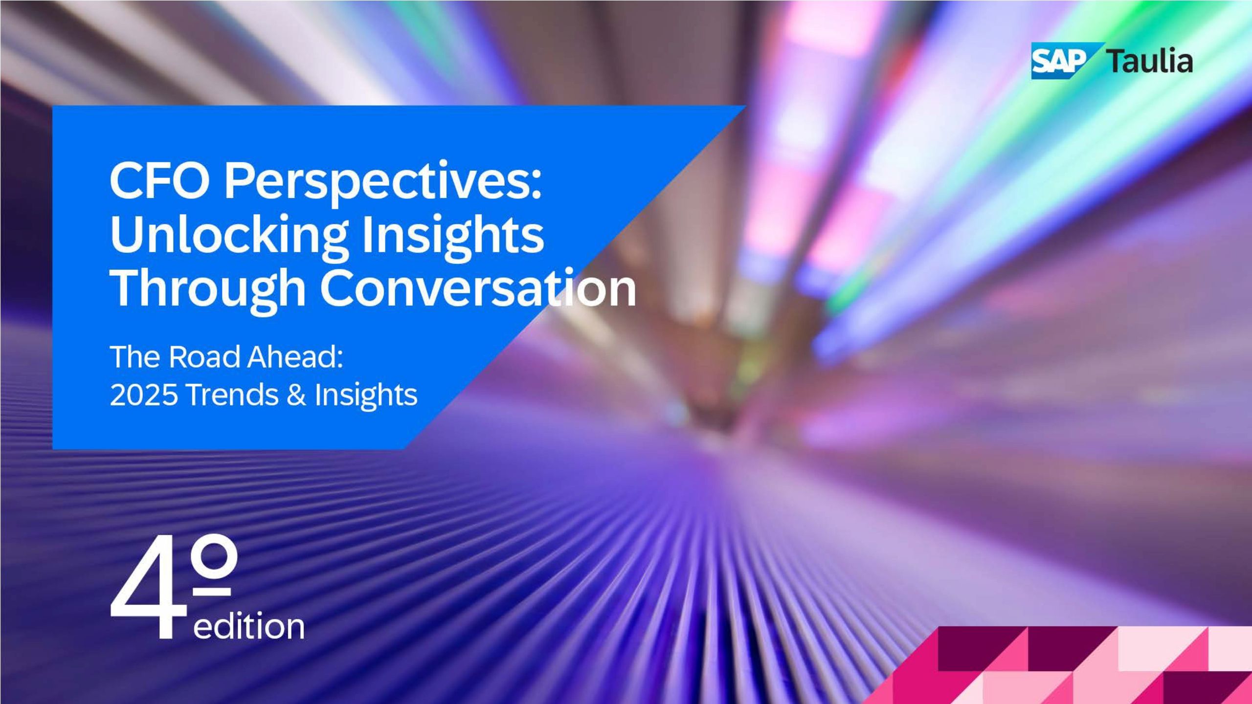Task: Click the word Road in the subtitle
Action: (205, 357)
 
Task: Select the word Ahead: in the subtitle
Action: (295, 357)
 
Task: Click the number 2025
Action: (143, 395)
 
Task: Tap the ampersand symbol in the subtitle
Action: (296, 395)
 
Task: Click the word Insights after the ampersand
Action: (366, 396)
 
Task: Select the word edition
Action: (249, 626)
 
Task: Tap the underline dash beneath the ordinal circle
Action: (212, 592)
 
